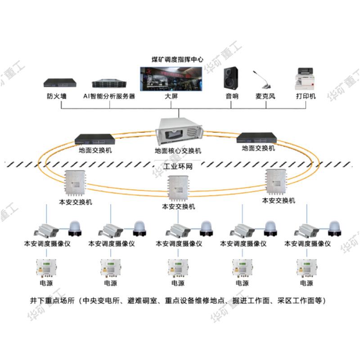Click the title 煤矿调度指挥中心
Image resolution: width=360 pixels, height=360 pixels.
coord(177,59)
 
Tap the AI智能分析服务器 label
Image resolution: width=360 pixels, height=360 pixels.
coord(109,96)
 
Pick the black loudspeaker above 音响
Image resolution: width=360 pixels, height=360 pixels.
coord(231,78)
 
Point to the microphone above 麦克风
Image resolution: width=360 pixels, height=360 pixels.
coord(264,81)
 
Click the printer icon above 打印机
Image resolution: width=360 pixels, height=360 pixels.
coord(306,80)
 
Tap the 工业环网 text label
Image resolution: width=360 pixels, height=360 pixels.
coord(177,166)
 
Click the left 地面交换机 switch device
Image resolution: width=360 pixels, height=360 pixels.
coord(95,139)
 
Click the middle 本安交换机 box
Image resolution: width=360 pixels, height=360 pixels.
coord(179,188)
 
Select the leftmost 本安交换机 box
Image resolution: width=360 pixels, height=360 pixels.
coord(76,184)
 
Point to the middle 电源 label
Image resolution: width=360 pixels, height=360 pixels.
coord(178,283)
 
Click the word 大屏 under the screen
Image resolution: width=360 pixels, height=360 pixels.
coord(172,96)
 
